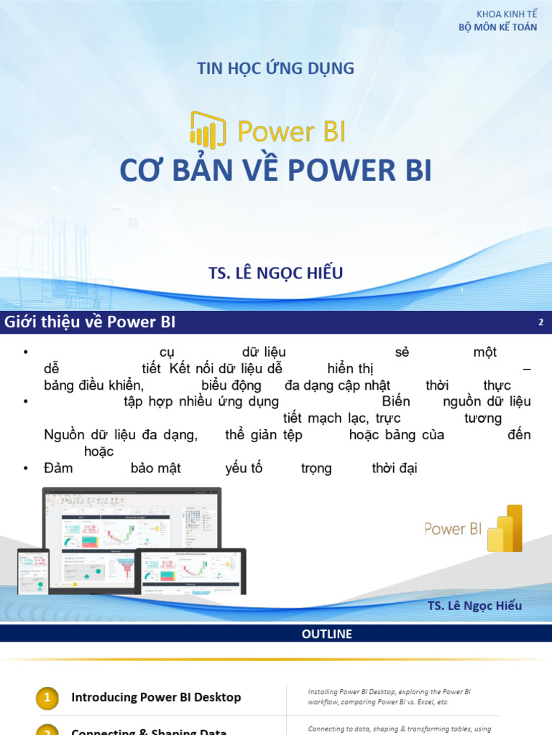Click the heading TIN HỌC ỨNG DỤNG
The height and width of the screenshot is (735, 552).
click(x=276, y=69)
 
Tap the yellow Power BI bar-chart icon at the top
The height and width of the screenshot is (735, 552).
click(x=208, y=129)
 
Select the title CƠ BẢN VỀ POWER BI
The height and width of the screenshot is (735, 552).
click(x=275, y=171)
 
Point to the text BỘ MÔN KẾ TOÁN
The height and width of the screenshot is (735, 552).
click(x=497, y=28)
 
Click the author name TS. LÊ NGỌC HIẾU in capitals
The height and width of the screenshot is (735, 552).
click(x=275, y=273)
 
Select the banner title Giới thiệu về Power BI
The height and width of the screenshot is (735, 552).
click(x=90, y=322)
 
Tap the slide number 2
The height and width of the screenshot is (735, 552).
click(x=540, y=322)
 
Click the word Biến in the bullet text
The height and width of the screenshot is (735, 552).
click(x=396, y=401)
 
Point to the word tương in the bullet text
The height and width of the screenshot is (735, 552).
click(x=483, y=418)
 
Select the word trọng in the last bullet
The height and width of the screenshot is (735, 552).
click(x=316, y=469)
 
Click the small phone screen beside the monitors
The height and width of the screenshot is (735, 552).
click(x=33, y=571)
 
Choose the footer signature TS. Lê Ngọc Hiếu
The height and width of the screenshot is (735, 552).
click(x=474, y=606)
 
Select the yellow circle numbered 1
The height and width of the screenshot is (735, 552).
click(x=47, y=697)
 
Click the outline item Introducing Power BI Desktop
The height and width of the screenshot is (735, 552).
click(x=156, y=697)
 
